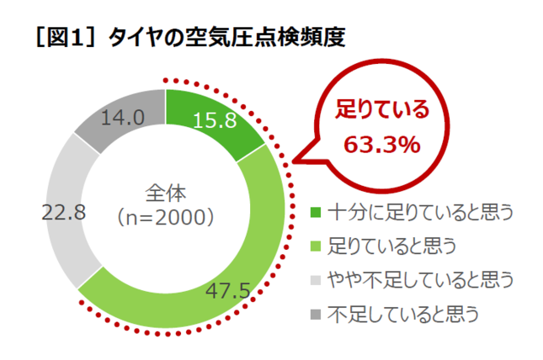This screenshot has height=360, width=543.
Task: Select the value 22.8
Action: pyautogui.click(x=63, y=213)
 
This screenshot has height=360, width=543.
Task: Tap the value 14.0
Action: pyautogui.click(x=122, y=118)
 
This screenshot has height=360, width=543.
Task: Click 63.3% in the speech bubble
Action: pyautogui.click(x=381, y=144)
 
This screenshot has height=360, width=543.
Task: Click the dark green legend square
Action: pyautogui.click(x=316, y=211)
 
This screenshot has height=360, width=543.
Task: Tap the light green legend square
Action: pyautogui.click(x=316, y=246)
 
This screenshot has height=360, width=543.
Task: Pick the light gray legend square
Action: pyautogui.click(x=316, y=280)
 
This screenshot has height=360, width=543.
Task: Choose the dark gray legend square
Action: pyautogui.click(x=316, y=315)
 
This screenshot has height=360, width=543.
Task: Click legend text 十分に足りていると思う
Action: pyautogui.click(x=409, y=211)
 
